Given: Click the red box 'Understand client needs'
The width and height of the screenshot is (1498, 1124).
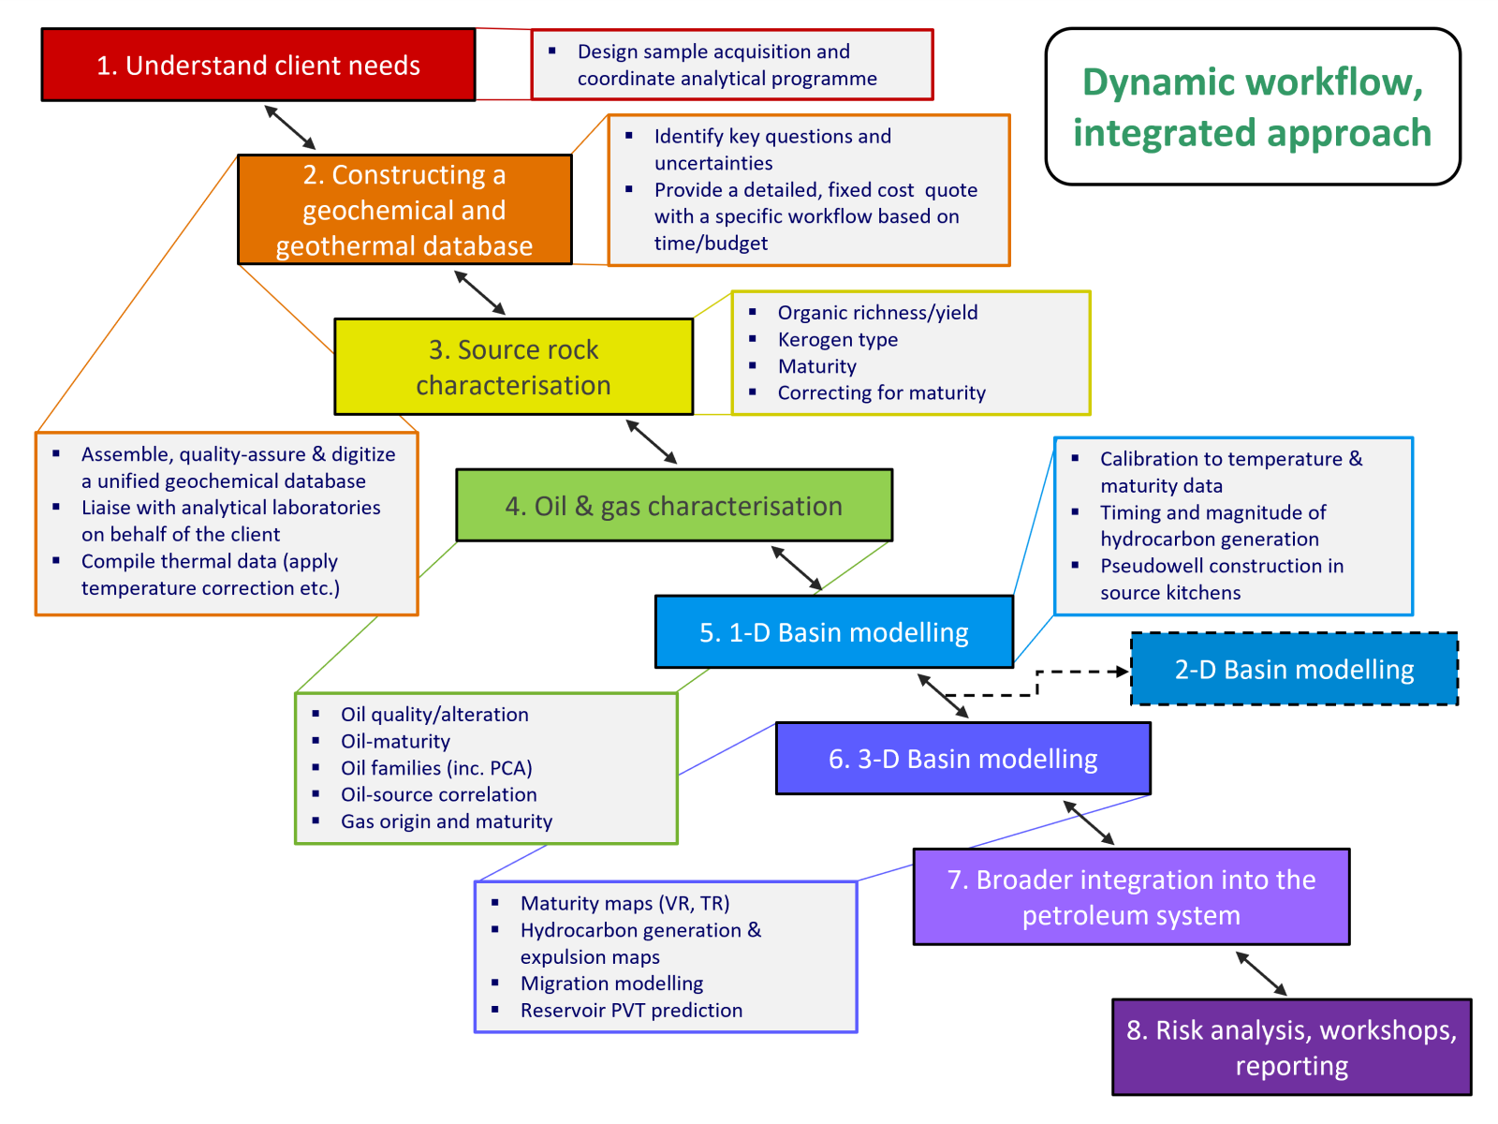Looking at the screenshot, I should point(258,65).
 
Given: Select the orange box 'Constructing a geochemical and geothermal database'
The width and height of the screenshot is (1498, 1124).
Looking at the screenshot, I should point(404,210).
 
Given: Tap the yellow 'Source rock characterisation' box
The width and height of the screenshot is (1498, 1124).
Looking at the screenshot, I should point(513,367).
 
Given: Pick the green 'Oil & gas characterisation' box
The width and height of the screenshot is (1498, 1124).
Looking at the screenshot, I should point(674,506).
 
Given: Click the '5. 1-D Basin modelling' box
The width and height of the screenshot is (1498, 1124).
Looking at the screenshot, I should point(833,632).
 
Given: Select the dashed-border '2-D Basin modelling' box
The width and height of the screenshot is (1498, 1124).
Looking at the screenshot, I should point(1294,670).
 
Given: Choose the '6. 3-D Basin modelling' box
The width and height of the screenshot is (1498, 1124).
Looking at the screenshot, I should point(962,759).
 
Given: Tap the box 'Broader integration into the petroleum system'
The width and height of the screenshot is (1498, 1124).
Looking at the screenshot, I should point(1131,897).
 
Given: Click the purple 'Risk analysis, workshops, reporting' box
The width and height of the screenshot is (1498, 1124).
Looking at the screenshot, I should point(1291,1047).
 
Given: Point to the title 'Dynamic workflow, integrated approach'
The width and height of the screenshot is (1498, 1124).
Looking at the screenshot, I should point(1253,107).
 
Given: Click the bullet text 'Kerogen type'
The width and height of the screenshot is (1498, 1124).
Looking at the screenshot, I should point(837,340).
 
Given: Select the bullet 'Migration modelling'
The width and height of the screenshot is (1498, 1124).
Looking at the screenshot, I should point(611,983).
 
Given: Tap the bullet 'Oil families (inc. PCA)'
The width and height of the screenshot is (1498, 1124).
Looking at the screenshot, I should point(436,768).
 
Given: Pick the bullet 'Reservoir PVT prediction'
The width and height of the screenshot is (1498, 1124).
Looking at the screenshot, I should point(631,1011).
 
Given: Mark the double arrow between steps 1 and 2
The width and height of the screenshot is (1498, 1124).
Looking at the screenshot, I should point(290,127).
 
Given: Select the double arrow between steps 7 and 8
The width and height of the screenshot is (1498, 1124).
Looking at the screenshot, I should point(1261,974).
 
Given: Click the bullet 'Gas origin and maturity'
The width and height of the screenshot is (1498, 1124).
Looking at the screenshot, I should point(446,821).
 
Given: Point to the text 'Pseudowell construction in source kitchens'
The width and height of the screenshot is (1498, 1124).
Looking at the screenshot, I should point(1221,579).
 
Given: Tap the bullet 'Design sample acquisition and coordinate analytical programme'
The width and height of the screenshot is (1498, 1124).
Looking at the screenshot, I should point(727,65).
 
